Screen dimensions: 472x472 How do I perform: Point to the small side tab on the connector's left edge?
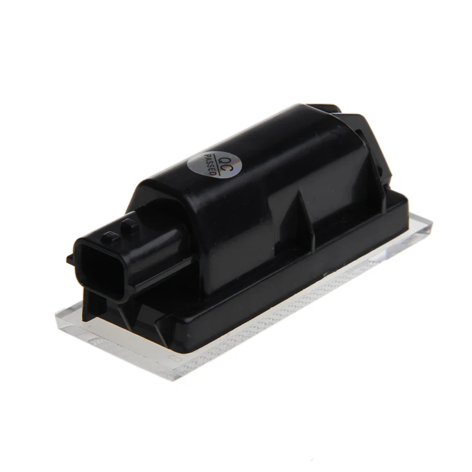click(x=71, y=258)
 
